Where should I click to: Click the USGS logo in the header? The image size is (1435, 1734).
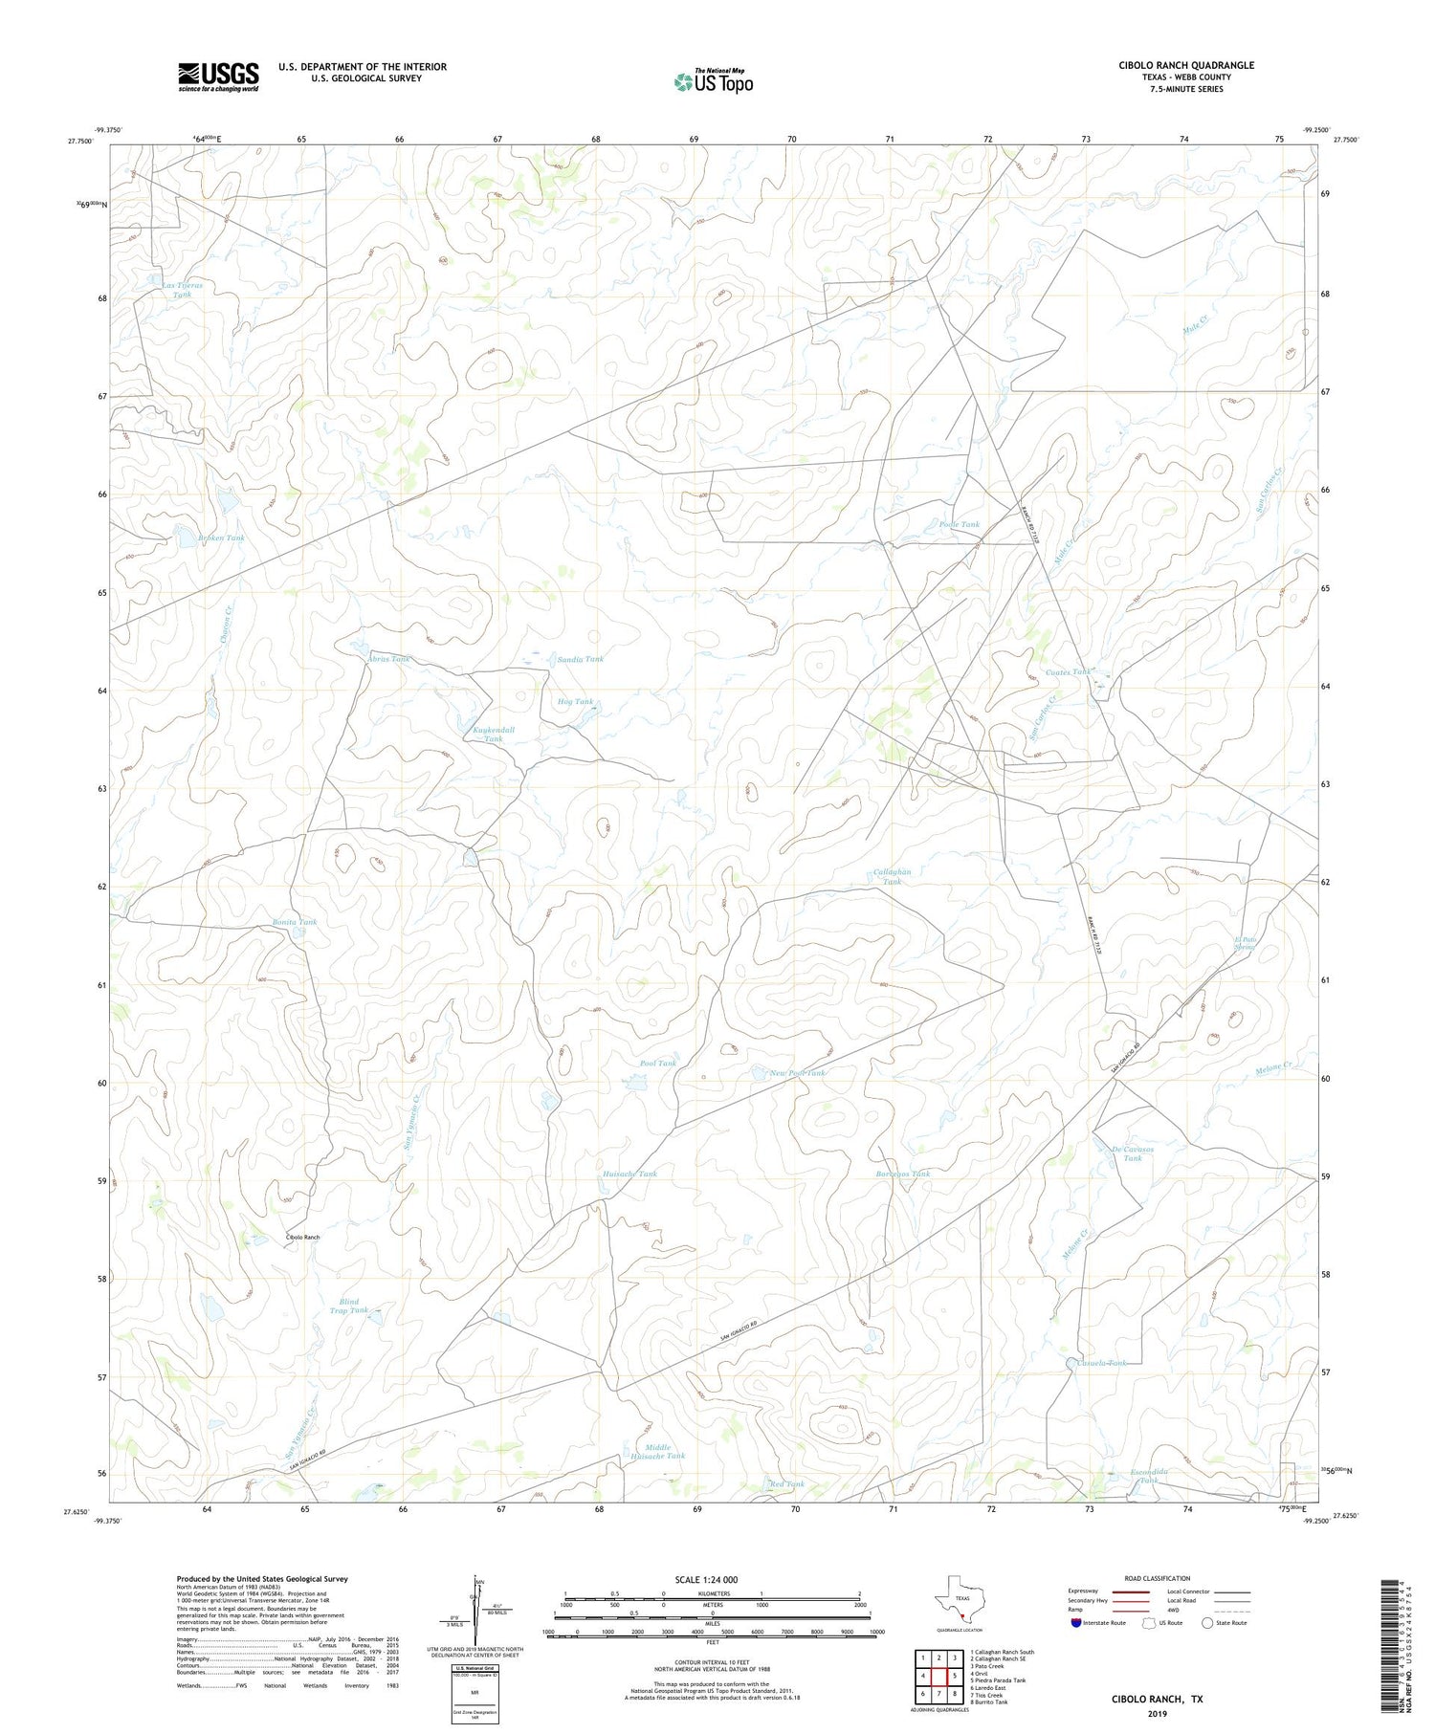click(x=218, y=77)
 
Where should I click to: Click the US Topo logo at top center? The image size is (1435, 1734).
click(x=714, y=82)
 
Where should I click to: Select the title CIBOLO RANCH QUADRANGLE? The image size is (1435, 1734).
click(x=1186, y=65)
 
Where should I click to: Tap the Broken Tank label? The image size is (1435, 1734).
click(x=221, y=538)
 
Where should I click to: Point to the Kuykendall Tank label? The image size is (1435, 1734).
click(x=494, y=735)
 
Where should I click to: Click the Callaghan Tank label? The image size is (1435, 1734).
click(x=892, y=877)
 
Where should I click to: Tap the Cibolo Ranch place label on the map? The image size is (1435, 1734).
click(x=302, y=1238)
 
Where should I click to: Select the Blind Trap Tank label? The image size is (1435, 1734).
click(x=348, y=1306)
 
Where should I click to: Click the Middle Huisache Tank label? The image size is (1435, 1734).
click(x=657, y=1452)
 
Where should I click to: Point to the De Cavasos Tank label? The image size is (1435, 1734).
click(x=1133, y=1153)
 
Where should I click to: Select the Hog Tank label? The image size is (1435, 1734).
click(x=575, y=702)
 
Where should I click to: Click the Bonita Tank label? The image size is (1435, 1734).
click(x=293, y=922)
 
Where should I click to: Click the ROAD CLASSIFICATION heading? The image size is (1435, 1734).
click(x=1158, y=1578)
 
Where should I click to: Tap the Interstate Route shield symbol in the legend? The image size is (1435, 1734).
click(x=1076, y=1623)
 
